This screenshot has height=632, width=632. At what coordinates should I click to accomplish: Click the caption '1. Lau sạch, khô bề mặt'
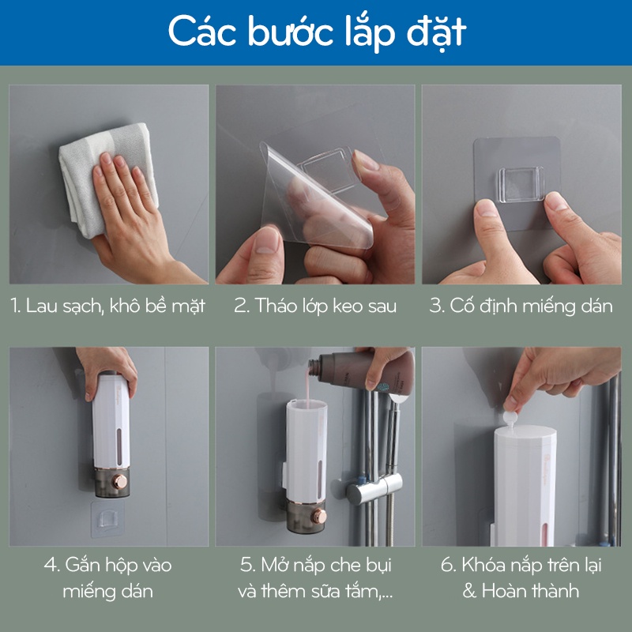(108, 307)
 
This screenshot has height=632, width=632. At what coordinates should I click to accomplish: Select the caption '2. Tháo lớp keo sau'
(315, 307)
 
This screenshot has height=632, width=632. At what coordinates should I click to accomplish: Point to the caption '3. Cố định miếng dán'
(521, 307)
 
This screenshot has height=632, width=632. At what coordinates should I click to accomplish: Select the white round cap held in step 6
(514, 417)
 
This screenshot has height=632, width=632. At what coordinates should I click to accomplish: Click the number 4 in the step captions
(50, 565)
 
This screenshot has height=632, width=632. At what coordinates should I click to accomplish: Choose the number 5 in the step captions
(246, 565)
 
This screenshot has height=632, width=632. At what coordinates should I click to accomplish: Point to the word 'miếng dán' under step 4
(109, 590)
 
